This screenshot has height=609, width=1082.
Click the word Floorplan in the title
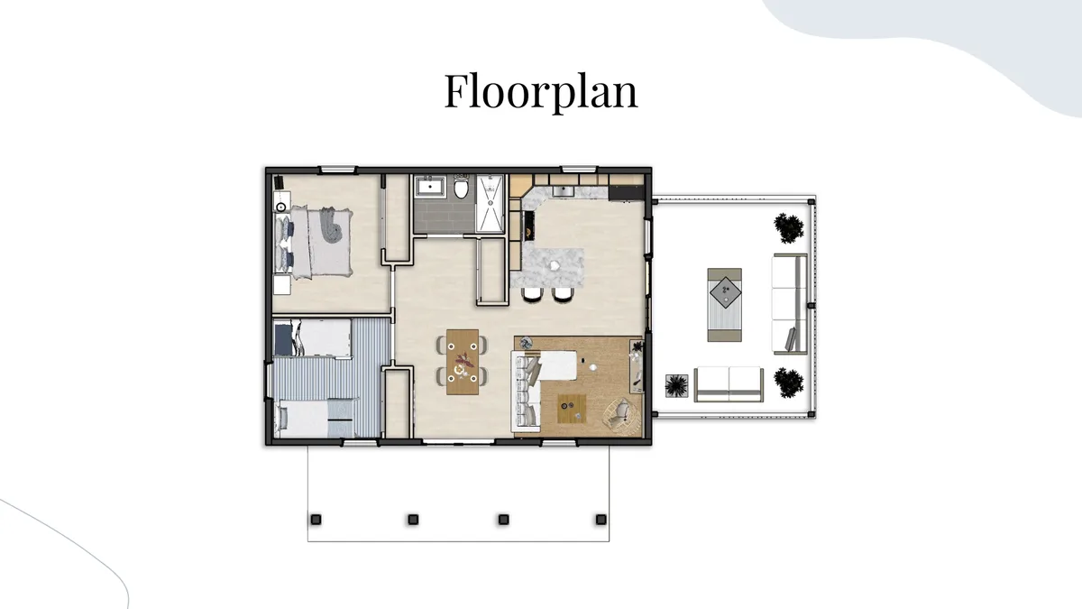(541, 91)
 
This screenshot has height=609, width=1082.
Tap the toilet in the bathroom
(462, 187)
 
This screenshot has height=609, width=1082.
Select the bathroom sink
(430, 186)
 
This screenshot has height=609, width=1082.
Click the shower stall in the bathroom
(491, 204)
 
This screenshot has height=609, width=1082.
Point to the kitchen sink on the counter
(563, 191)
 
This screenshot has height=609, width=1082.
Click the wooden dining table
(463, 362)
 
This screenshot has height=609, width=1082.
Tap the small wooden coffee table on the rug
(572, 409)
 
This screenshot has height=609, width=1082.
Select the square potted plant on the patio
(676, 386)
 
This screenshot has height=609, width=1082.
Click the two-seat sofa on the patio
(729, 383)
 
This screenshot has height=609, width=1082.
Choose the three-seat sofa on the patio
(790, 304)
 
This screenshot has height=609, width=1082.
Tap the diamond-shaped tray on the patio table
(725, 292)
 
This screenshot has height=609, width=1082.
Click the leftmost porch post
(316, 520)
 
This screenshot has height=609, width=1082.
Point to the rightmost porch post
(601, 520)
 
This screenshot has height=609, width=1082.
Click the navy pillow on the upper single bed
(282, 339)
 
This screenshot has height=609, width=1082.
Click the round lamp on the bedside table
(281, 207)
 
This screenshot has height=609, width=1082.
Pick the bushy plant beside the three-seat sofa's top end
(789, 227)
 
